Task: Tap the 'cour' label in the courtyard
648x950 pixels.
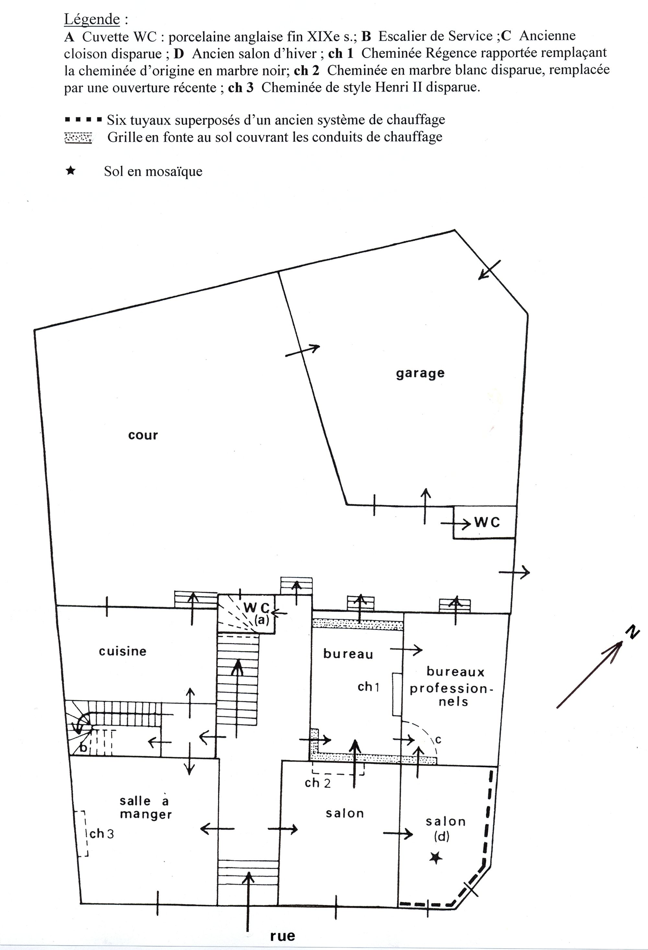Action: coord(143,435)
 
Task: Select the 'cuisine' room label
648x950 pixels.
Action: coord(123,651)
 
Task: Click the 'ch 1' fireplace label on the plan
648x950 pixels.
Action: coord(369,687)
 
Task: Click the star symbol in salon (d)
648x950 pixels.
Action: coord(436,858)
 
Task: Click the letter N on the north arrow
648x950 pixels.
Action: coord(633,633)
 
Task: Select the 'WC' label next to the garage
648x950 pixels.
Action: coord(487,522)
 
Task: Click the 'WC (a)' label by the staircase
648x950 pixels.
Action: coord(257,613)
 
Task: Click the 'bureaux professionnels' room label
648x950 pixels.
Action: coord(452,687)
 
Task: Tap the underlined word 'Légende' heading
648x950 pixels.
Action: coord(92,19)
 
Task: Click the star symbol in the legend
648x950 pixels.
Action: coord(71,170)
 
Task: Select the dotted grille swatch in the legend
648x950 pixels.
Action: coord(78,138)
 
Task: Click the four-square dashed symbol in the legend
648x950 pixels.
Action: coord(83,120)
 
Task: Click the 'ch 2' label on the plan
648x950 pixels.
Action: coord(318,783)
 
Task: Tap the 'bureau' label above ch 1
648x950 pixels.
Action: coord(348,654)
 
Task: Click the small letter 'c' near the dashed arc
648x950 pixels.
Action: coord(438,740)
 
